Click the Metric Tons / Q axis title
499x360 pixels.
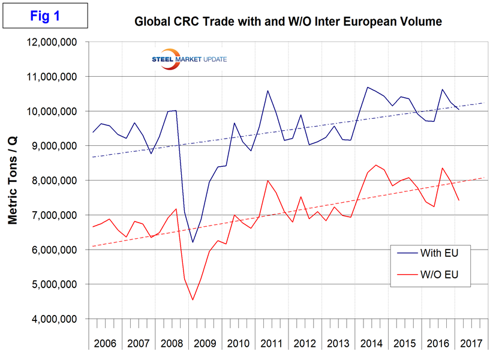click(x=13, y=179)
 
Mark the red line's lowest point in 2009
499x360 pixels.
click(x=193, y=299)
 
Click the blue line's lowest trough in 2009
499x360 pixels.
click(x=193, y=242)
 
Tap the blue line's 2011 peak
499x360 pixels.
click(x=267, y=91)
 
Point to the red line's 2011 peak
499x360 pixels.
click(x=267, y=181)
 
